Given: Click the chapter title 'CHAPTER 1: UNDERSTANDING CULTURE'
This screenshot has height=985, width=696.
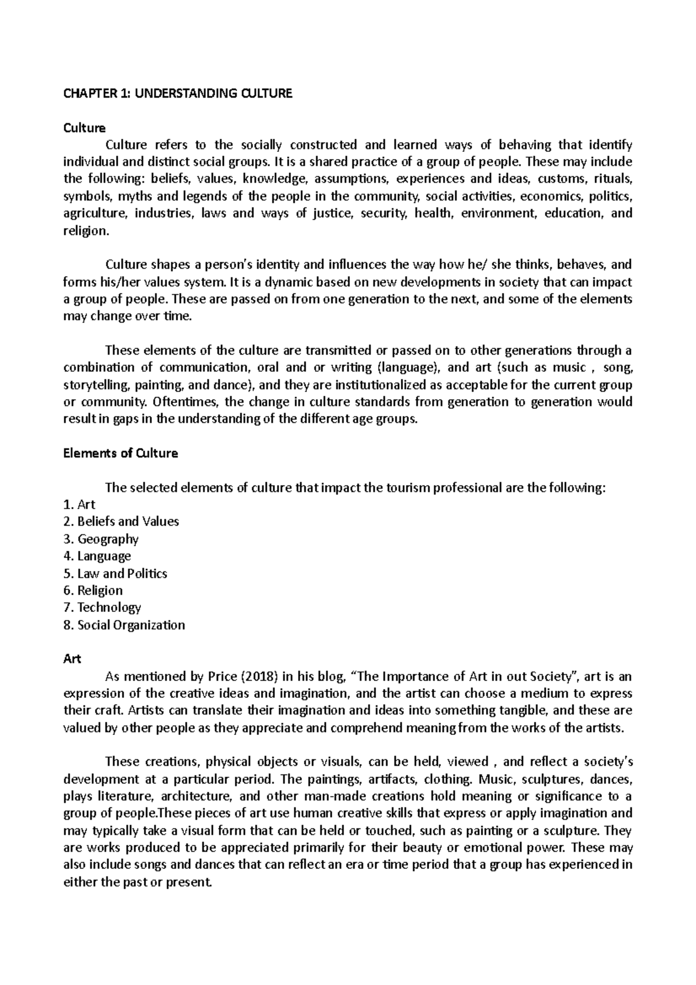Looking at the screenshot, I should point(177,93).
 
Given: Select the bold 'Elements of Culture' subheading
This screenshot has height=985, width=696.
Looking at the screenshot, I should point(120,454).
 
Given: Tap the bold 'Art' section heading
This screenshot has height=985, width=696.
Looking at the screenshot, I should point(72,659).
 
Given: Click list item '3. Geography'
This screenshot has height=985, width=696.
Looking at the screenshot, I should point(100,539).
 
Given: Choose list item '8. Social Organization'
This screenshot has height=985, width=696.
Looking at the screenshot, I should point(124,625).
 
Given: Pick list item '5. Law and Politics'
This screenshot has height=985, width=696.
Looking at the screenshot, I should point(115,573).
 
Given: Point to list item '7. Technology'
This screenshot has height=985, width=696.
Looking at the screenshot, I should point(101,607).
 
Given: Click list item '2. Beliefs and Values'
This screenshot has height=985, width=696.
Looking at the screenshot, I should point(121,522).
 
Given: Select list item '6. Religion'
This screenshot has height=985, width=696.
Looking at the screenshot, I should point(93,591).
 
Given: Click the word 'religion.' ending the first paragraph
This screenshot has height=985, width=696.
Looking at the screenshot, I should point(85,231).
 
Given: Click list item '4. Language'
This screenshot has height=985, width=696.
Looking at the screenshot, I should point(97,556).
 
